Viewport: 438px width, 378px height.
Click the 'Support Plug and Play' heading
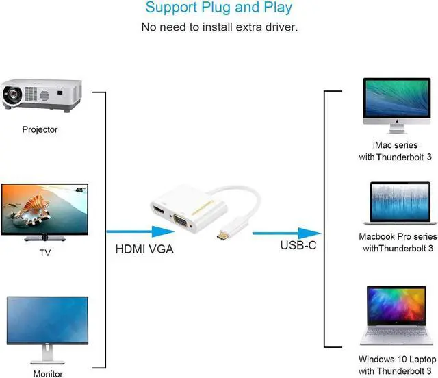[219, 8]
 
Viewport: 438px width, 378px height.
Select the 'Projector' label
[40, 129]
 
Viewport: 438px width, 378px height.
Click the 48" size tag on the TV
[81, 188]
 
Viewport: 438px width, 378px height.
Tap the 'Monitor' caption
[48, 374]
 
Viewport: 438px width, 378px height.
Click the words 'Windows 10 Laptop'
[398, 359]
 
